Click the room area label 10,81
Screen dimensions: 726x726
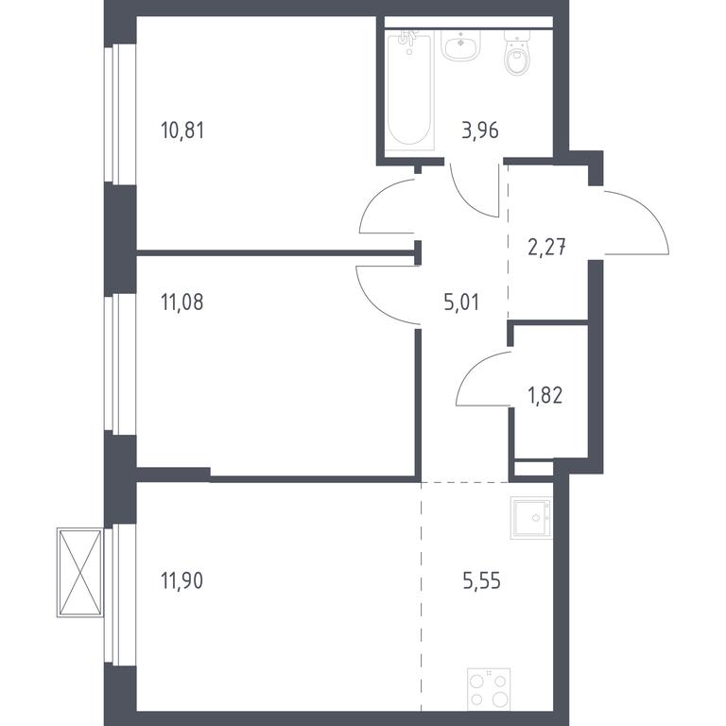click(x=182, y=130)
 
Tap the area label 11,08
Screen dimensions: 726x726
click(x=181, y=302)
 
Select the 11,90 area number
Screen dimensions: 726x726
click(x=181, y=580)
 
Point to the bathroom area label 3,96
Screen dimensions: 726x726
click(x=480, y=130)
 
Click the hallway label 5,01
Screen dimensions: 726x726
click(x=461, y=302)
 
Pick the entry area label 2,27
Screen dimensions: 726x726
click(x=546, y=247)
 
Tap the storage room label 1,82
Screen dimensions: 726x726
click(x=545, y=396)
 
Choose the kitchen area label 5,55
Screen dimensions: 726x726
click(x=481, y=580)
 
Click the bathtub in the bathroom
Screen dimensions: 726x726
click(x=409, y=91)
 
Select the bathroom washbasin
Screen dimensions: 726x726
click(x=460, y=45)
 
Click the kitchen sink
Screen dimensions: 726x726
click(x=531, y=518)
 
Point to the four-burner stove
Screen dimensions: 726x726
click(x=489, y=689)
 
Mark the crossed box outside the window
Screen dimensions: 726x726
click(x=79, y=573)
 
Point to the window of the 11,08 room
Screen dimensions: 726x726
click(x=120, y=364)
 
